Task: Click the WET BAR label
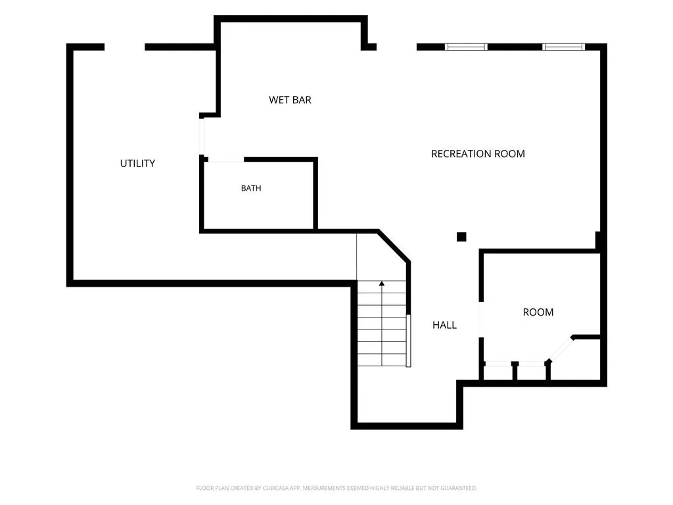click(290, 100)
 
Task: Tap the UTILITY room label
click(137, 164)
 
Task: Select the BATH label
click(251, 188)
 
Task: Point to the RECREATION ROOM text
click(478, 154)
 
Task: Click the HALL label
click(444, 325)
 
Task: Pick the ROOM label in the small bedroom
click(538, 312)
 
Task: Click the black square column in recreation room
click(461, 237)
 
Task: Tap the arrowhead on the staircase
click(382, 283)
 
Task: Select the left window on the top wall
click(466, 47)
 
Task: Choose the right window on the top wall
click(563, 47)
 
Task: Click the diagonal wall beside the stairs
click(394, 246)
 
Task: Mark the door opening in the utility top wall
click(124, 47)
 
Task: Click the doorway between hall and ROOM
click(480, 320)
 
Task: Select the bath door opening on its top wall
click(226, 160)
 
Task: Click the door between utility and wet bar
click(201, 136)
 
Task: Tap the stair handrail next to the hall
click(409, 341)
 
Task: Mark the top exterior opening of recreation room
click(396, 47)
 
